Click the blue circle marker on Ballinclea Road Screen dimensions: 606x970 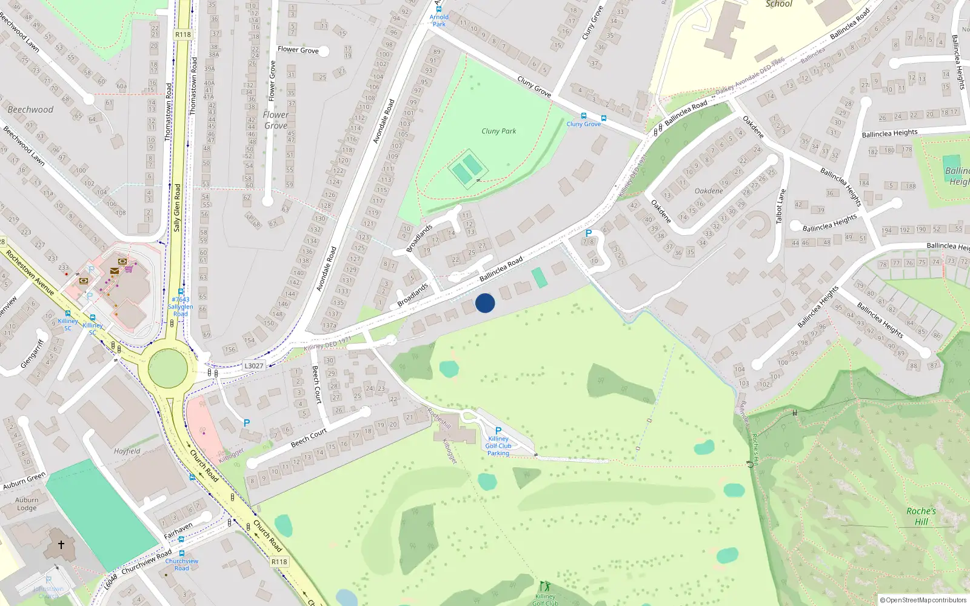[x=485, y=303]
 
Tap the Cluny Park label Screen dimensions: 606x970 [x=498, y=131]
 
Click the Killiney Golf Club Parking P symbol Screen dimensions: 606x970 [x=498, y=431]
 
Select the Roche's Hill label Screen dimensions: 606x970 [x=921, y=516]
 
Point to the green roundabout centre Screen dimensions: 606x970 [x=168, y=368]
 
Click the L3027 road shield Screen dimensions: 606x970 [x=254, y=366]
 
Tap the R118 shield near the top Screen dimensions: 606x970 [x=183, y=35]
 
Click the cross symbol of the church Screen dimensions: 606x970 [x=61, y=545]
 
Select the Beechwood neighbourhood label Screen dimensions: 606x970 [x=30, y=110]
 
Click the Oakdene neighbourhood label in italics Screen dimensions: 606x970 [x=709, y=191]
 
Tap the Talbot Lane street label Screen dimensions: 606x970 [x=781, y=206]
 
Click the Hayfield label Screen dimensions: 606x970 [x=127, y=451]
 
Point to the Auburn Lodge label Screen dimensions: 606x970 [x=27, y=504]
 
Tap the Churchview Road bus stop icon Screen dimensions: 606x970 [x=181, y=553]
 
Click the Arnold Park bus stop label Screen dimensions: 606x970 [x=439, y=21]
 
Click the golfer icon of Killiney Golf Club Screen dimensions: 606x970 [x=544, y=586]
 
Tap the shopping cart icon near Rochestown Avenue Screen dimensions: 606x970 [x=129, y=269]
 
